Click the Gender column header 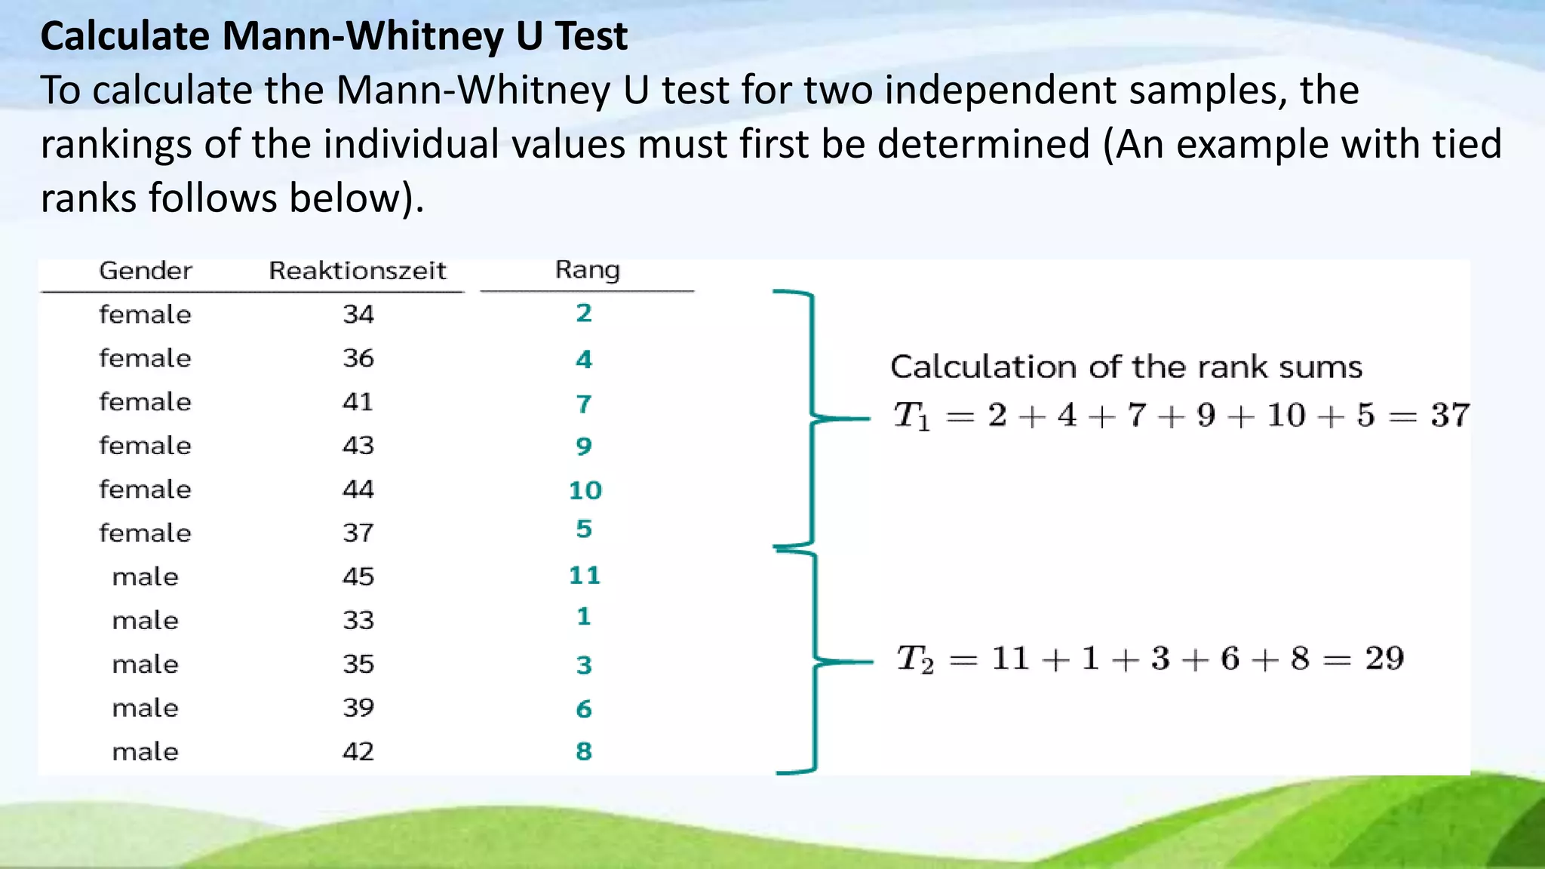click(146, 271)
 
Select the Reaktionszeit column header click(358, 271)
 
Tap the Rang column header click(587, 270)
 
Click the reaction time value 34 click(358, 315)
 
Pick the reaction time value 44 click(358, 490)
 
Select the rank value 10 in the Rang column click(585, 491)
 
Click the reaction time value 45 click(358, 577)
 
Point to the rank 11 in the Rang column click(585, 576)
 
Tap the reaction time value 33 click(358, 621)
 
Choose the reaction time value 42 click(358, 752)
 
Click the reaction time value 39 click(358, 708)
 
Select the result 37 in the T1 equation click(1450, 416)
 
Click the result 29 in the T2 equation click(1384, 659)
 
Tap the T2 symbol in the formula click(915, 659)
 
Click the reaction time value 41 click(358, 402)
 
